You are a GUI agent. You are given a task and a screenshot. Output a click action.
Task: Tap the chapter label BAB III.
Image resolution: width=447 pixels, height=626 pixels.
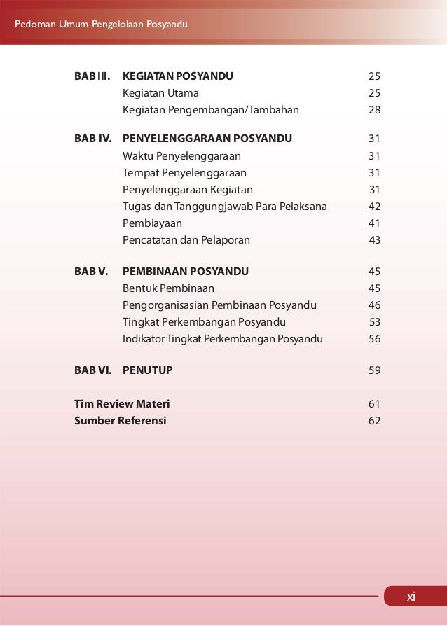(93, 76)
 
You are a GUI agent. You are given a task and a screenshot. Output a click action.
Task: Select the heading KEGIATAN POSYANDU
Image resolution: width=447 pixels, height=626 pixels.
(178, 76)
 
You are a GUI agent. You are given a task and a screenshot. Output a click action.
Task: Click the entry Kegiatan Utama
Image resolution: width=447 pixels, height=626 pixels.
(160, 93)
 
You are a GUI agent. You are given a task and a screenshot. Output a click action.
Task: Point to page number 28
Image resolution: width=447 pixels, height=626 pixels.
(374, 110)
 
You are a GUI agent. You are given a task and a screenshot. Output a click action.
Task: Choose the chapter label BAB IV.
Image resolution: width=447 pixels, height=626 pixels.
(93, 138)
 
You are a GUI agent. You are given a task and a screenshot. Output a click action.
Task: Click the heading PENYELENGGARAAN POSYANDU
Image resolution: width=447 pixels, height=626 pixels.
(207, 138)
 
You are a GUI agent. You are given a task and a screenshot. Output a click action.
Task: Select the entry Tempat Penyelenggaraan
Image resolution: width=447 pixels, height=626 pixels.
(184, 172)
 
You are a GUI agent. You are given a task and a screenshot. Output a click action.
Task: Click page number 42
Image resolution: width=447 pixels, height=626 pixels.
(374, 207)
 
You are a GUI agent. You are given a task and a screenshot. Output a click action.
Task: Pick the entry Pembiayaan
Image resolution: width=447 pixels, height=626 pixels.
(152, 223)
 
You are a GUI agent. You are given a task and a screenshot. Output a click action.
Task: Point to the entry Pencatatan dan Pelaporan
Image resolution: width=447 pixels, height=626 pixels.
(186, 240)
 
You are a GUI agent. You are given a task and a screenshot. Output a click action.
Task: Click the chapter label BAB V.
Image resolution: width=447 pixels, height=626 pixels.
(91, 271)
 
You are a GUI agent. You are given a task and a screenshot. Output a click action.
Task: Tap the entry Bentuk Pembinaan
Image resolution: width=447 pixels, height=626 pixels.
(168, 288)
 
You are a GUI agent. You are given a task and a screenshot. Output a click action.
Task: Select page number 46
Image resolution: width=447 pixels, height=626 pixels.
(374, 305)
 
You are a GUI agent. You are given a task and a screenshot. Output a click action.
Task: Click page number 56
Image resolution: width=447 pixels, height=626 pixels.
(374, 339)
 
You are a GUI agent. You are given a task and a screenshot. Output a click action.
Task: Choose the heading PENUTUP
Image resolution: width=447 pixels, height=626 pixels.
(147, 370)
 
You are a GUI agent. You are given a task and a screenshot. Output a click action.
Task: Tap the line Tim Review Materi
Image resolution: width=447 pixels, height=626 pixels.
(122, 404)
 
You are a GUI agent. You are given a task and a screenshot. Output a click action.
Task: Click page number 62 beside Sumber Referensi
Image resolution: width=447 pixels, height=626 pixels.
(374, 421)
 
